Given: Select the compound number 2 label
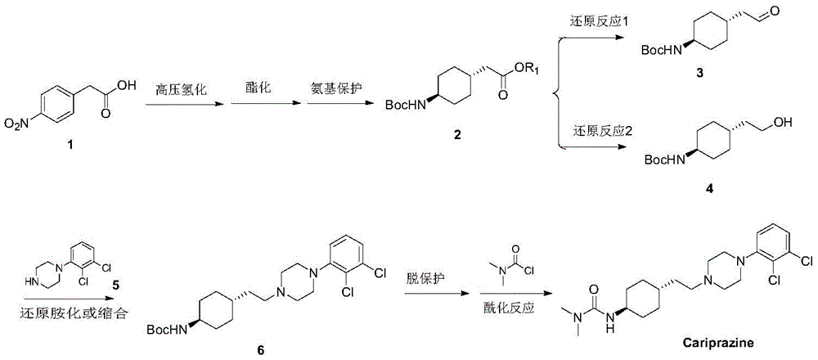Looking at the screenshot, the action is tap(456, 135).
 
